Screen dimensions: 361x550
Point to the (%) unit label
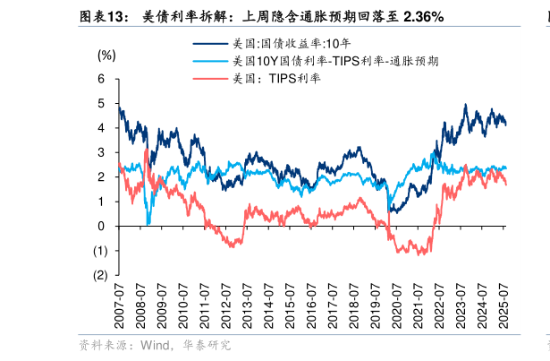(x=106, y=55)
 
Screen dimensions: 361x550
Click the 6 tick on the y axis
(x=101, y=79)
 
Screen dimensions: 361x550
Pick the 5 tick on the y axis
(x=101, y=103)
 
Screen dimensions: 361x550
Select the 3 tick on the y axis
(x=101, y=152)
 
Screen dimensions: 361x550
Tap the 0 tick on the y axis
(x=101, y=226)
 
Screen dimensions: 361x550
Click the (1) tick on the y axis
(x=99, y=251)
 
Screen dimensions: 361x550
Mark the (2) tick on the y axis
(x=99, y=275)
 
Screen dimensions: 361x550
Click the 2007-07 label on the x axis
(x=118, y=305)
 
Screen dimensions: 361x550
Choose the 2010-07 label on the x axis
(x=183, y=305)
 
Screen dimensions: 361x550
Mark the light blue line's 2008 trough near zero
(x=148, y=222)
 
